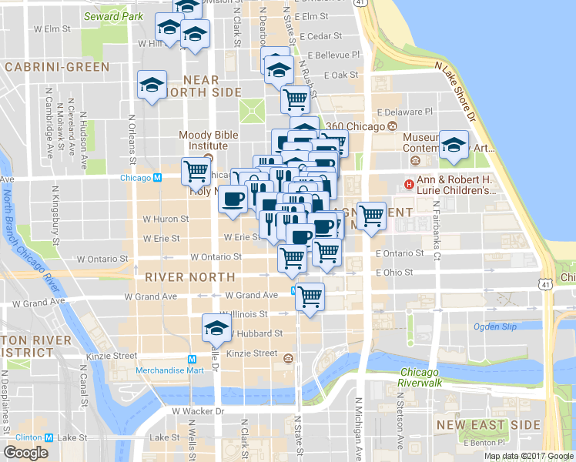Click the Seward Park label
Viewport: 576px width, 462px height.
tap(112, 15)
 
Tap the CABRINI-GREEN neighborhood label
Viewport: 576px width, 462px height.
tap(57, 67)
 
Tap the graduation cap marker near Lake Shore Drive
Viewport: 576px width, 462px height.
tap(454, 145)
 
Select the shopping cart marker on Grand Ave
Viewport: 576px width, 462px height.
tap(310, 296)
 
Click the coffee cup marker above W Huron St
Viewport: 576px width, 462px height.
tap(233, 199)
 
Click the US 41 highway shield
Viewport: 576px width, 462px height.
tap(544, 285)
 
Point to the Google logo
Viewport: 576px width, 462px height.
tap(25, 453)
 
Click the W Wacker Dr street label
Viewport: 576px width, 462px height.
tap(198, 411)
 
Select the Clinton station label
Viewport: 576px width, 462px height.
tap(28, 437)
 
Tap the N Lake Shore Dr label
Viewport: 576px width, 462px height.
tap(456, 91)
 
